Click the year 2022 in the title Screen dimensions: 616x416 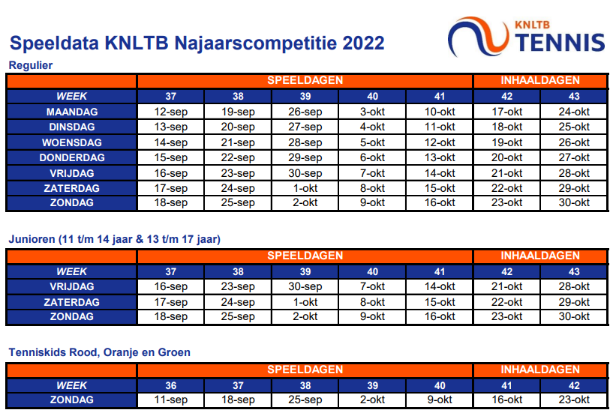pyautogui.click(x=363, y=43)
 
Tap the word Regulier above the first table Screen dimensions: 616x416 pyautogui.click(x=31, y=65)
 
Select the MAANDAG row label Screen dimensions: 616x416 pyautogui.click(x=72, y=112)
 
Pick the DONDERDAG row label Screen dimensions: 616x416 pyautogui.click(x=72, y=157)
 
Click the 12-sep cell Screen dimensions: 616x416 pyautogui.click(x=171, y=112)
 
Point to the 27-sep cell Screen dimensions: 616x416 pyautogui.click(x=305, y=127)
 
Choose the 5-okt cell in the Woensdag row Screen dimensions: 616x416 pyautogui.click(x=372, y=142)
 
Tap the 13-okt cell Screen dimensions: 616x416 pyautogui.click(x=440, y=157)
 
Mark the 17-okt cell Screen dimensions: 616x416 pyautogui.click(x=507, y=112)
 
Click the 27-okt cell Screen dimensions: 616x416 pyautogui.click(x=574, y=157)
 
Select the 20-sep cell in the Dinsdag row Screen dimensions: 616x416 pyautogui.click(x=238, y=127)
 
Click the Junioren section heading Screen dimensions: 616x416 pyautogui.click(x=114, y=239)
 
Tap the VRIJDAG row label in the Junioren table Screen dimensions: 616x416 pyautogui.click(x=72, y=287)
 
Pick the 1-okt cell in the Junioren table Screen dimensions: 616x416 pyautogui.click(x=305, y=302)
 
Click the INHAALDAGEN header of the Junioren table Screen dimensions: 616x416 pyautogui.click(x=540, y=256)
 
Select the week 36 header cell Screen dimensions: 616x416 pyautogui.click(x=171, y=386)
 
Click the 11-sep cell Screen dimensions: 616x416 pyautogui.click(x=171, y=400)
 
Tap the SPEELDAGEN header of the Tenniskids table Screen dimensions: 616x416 pyautogui.click(x=305, y=370)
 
